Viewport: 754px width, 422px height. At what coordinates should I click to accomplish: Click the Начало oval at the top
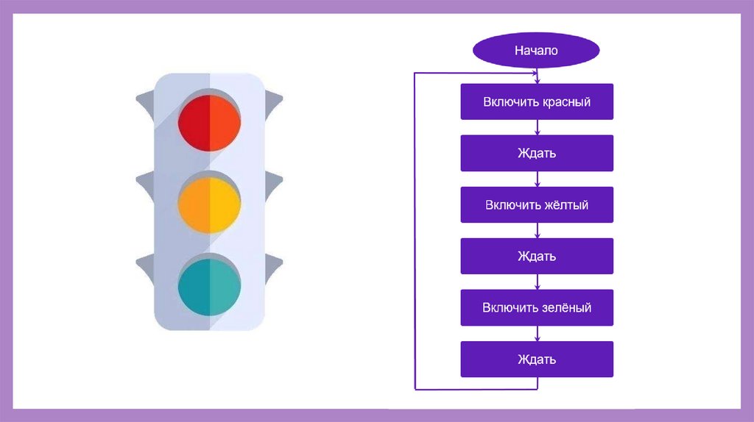click(536, 51)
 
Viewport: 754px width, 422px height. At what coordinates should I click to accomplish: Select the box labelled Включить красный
click(537, 101)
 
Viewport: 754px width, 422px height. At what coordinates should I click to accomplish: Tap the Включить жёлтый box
click(537, 204)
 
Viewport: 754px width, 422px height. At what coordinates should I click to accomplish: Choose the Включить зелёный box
click(537, 307)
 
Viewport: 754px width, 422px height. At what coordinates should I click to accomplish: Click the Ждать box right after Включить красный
click(537, 153)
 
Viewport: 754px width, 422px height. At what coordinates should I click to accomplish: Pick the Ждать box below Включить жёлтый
click(537, 256)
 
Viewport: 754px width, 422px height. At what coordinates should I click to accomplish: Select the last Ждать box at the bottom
click(537, 359)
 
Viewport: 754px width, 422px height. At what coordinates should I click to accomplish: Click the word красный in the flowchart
click(566, 101)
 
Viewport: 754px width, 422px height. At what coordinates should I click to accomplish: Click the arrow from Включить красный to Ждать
click(538, 127)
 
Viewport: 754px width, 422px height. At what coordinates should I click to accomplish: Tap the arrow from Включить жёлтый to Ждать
click(538, 230)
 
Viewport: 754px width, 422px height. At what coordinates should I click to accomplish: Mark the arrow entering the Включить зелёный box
click(538, 282)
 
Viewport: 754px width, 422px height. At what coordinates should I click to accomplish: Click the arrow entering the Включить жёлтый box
click(538, 179)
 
